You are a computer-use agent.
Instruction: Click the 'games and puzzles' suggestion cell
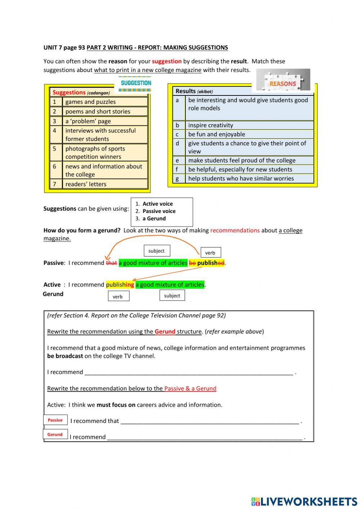click(104, 102)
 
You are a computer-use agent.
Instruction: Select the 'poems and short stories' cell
click(104, 112)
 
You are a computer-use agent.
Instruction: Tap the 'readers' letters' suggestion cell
click(104, 184)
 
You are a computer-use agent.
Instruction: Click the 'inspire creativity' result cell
click(249, 125)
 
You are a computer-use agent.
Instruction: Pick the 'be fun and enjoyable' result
click(249, 134)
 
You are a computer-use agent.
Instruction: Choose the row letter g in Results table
click(177, 179)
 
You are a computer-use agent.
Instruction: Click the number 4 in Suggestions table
click(55, 131)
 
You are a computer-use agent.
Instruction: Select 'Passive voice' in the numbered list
click(159, 211)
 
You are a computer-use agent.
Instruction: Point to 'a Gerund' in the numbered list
click(154, 219)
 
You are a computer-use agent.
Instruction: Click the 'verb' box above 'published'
click(210, 253)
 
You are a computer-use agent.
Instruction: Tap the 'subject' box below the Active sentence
click(172, 296)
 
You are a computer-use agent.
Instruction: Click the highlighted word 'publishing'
click(120, 285)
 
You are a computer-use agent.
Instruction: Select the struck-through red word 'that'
click(111, 263)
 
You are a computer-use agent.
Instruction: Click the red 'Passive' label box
click(55, 420)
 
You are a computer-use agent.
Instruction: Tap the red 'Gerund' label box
click(55, 434)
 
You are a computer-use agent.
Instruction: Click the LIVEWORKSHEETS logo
click(304, 501)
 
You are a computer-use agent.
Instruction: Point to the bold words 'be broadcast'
click(65, 356)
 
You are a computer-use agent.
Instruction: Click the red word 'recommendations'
click(235, 231)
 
